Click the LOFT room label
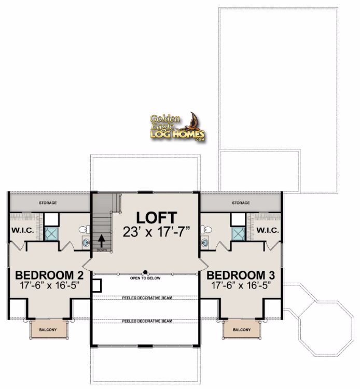pyautogui.click(x=157, y=217)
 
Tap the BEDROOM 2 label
pyautogui.click(x=49, y=275)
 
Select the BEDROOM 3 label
pyautogui.click(x=241, y=275)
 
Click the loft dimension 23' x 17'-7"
pyautogui.click(x=156, y=232)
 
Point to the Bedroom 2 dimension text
pyautogui.click(x=49, y=285)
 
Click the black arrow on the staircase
pyautogui.click(x=101, y=240)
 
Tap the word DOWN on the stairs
pyautogui.click(x=102, y=250)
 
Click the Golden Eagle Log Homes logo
pyautogui.click(x=177, y=127)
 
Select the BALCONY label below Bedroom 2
pyautogui.click(x=48, y=330)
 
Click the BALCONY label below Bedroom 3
pyautogui.click(x=242, y=330)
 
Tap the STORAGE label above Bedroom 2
pyautogui.click(x=48, y=203)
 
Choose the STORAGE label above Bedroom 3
pyautogui.click(x=241, y=203)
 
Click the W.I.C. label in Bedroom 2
pyautogui.click(x=23, y=230)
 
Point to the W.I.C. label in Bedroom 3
pyautogui.click(x=268, y=230)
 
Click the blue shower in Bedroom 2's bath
pyautogui.click(x=51, y=234)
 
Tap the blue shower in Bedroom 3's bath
pyautogui.click(x=239, y=234)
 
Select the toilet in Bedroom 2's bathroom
pyautogui.click(x=85, y=229)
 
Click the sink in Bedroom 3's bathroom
pyautogui.click(x=205, y=242)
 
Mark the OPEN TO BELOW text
pyautogui.click(x=145, y=278)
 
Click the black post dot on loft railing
pyautogui.click(x=145, y=272)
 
